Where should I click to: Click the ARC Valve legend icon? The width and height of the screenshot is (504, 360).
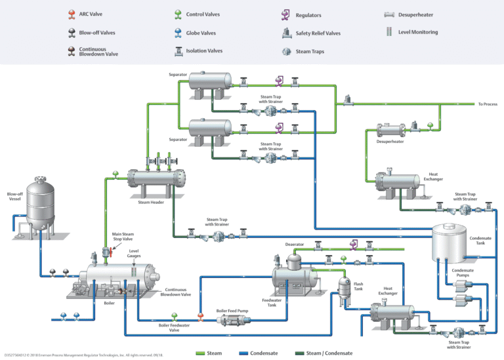[71, 14]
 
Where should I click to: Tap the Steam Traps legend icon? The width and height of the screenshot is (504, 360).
[287, 51]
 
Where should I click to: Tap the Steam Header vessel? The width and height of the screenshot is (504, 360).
[157, 178]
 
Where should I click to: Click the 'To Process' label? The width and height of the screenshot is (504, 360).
[488, 104]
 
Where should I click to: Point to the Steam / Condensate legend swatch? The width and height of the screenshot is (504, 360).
[305, 353]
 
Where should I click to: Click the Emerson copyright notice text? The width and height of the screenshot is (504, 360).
[83, 355]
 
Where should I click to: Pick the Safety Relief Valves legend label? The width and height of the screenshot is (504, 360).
[318, 33]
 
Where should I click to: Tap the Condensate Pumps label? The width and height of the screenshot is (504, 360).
[463, 272]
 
